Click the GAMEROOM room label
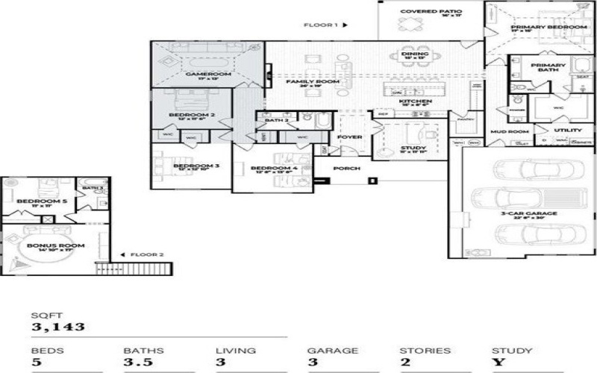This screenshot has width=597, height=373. (x=208, y=75)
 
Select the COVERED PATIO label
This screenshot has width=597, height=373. (x=431, y=12)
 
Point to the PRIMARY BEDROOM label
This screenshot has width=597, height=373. (x=548, y=28)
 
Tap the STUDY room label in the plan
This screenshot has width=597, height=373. (x=413, y=148)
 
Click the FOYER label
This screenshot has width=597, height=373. (x=349, y=137)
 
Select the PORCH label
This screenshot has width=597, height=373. (x=346, y=169)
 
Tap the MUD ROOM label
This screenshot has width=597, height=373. (x=505, y=131)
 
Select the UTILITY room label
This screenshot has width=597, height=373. (x=568, y=130)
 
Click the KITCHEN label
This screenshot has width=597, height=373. (x=414, y=101)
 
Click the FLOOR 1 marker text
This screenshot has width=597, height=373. (x=322, y=25)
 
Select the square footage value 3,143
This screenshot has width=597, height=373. (x=57, y=327)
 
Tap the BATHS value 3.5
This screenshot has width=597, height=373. (x=134, y=363)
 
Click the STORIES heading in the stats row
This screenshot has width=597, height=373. (x=425, y=350)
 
